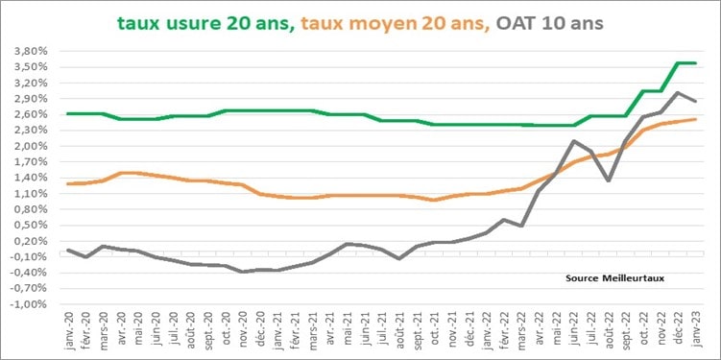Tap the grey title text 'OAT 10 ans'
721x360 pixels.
point(550,21)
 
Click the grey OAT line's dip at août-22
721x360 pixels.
point(609,180)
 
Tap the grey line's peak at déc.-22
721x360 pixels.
point(678,93)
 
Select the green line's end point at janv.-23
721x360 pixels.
point(696,63)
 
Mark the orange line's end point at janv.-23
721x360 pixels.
point(696,119)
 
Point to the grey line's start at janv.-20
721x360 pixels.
point(68,250)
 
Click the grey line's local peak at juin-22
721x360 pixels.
point(573,141)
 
